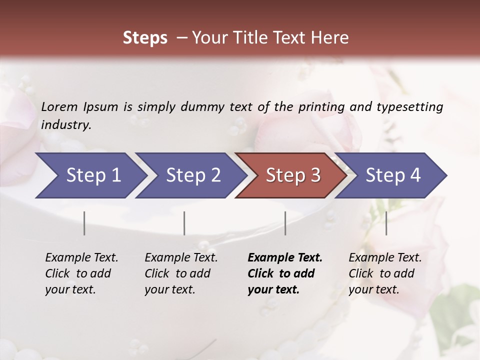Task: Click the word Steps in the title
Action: (x=145, y=38)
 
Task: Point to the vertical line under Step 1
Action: (x=84, y=223)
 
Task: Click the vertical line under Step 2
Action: (x=184, y=223)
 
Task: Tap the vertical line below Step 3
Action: (x=285, y=223)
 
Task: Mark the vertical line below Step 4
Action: (x=386, y=223)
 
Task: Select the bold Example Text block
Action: (x=285, y=273)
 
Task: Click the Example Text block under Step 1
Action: (x=81, y=273)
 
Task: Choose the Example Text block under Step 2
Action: (x=181, y=273)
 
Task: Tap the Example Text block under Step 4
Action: (x=385, y=273)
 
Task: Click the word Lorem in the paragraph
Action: (x=59, y=107)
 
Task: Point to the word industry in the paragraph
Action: (x=65, y=125)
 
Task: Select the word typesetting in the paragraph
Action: (x=409, y=107)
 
